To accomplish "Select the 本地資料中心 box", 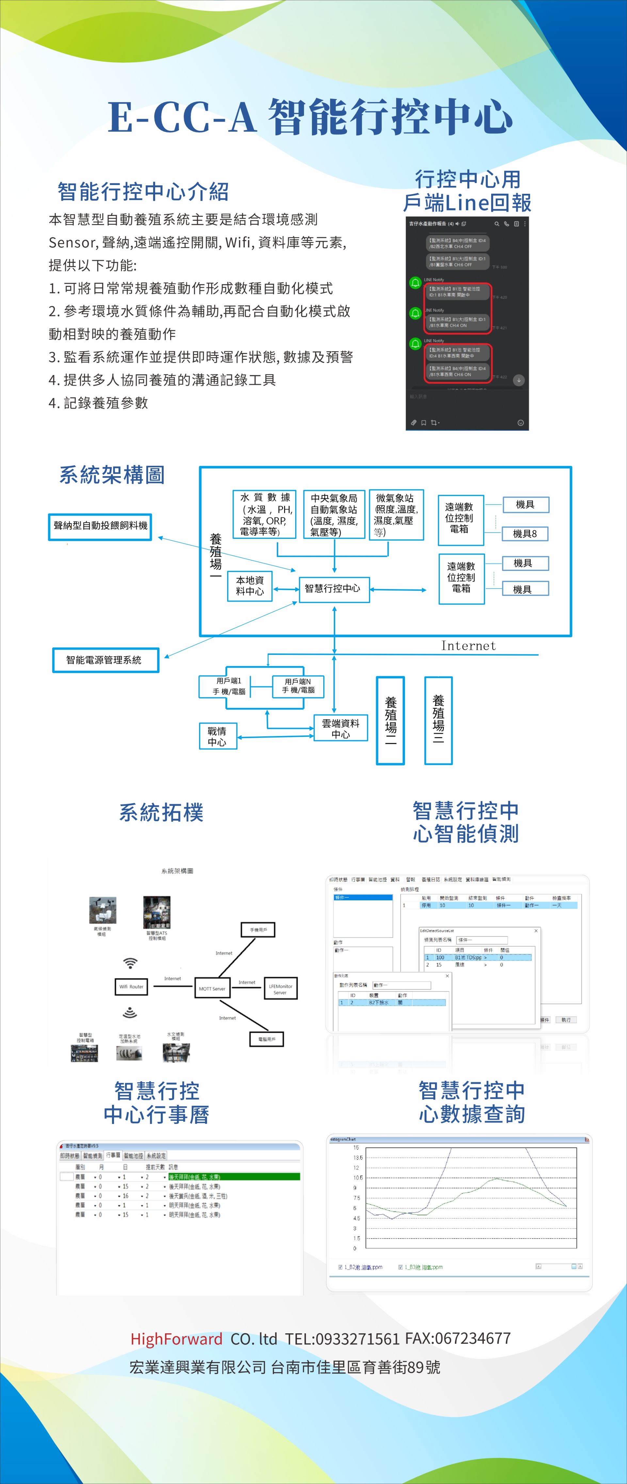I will [x=250, y=586].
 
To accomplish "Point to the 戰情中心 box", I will [x=217, y=736].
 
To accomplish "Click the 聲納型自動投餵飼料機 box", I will [x=100, y=526].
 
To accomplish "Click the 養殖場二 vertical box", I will [x=390, y=720].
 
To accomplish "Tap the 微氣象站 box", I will [x=396, y=515].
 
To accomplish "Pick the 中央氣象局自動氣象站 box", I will [x=334, y=515].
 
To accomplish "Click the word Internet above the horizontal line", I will [x=468, y=646].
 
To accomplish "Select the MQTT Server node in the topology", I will [x=212, y=989].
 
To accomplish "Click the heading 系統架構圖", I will [x=112, y=475].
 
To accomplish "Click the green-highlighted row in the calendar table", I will [x=233, y=1177].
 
